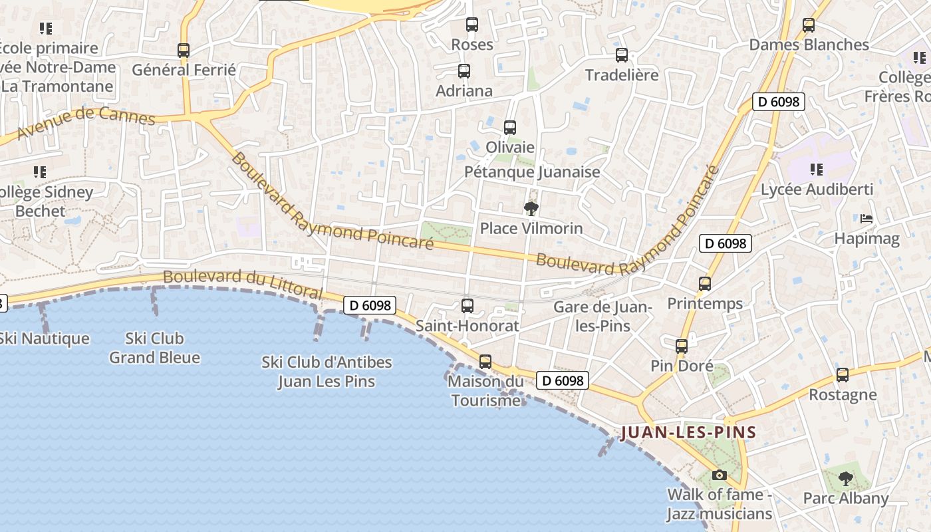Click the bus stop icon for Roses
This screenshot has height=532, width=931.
pos(472,25)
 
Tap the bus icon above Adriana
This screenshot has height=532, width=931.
pos(464,70)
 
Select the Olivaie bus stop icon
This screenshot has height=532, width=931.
pos(510,127)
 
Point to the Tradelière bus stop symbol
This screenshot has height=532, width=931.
pos(622,55)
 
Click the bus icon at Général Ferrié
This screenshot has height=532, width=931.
pos(184,50)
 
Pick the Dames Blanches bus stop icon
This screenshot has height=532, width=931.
pos(809,25)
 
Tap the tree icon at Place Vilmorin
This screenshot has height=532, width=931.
pos(531,209)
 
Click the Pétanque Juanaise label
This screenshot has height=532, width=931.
pos(532,172)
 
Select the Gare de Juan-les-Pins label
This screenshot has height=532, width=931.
pos(602,317)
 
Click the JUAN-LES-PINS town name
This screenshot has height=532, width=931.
pos(688,433)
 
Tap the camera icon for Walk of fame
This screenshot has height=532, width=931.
pos(719,475)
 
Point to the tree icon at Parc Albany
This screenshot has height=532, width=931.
pos(845,478)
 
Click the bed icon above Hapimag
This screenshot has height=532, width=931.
pos(866,218)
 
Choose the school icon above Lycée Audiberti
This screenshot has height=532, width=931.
pos(817,170)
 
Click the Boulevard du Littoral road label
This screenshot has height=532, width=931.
pos(243,284)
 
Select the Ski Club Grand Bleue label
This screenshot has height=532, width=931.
pos(155,348)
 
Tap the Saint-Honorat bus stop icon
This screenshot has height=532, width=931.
pos(467,306)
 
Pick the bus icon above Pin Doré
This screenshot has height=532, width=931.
pos(682,346)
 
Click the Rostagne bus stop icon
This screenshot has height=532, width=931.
pos(843,374)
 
